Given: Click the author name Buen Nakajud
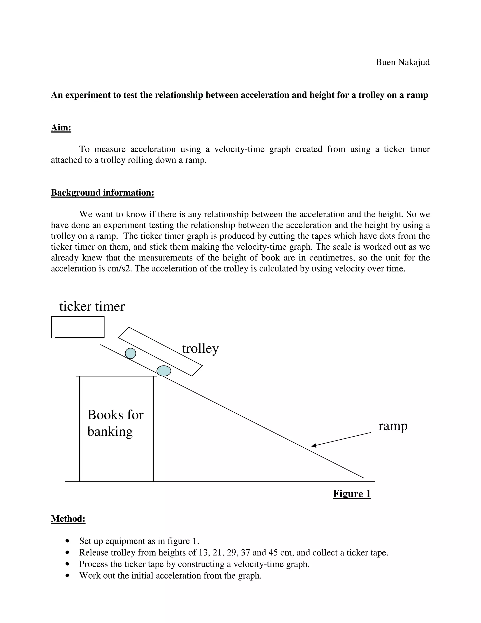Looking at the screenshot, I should click(x=402, y=62).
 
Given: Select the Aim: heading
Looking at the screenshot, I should click(x=61, y=127).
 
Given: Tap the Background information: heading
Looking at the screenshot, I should click(x=103, y=193).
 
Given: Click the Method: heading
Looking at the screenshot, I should click(x=68, y=518).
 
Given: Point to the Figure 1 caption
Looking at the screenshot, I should click(x=352, y=494).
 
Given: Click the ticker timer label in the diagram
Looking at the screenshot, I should click(x=92, y=307).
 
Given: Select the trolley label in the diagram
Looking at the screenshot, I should click(x=200, y=349).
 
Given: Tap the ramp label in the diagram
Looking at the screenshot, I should click(x=393, y=426).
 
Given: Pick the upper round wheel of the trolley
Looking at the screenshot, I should click(x=131, y=353).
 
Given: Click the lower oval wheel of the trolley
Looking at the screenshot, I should click(x=164, y=371).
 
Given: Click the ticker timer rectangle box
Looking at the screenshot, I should click(x=78, y=327).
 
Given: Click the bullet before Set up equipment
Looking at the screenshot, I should click(x=67, y=541).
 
